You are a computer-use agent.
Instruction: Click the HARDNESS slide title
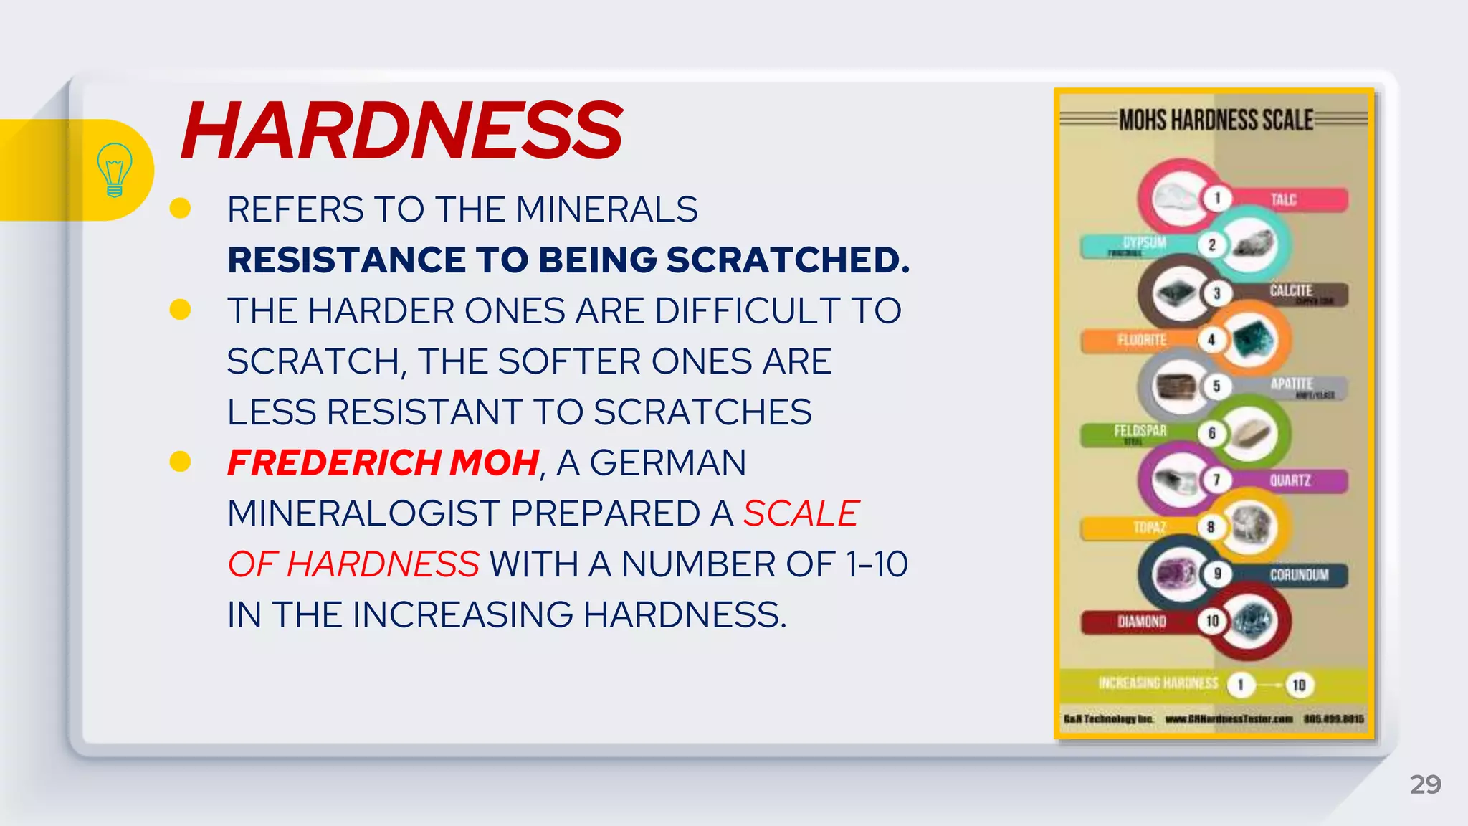click(x=401, y=130)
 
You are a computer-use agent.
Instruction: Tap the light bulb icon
click(x=114, y=170)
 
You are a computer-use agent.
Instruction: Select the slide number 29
click(x=1425, y=784)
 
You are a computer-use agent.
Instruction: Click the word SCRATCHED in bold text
click(x=788, y=260)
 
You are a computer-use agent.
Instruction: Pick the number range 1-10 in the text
click(x=877, y=564)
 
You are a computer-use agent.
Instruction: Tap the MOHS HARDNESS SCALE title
click(x=1216, y=120)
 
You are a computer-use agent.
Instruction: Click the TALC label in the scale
click(x=1283, y=199)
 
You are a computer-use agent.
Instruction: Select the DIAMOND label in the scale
click(x=1141, y=621)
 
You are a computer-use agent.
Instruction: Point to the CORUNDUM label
click(x=1299, y=575)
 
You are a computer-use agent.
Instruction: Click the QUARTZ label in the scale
click(x=1290, y=480)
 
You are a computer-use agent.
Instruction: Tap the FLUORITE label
click(x=1142, y=340)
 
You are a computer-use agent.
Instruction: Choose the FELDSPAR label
click(x=1140, y=431)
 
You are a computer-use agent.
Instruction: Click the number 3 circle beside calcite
click(x=1216, y=293)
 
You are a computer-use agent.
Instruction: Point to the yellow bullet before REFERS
click(x=180, y=209)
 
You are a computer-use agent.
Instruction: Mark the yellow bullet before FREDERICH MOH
click(x=180, y=462)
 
